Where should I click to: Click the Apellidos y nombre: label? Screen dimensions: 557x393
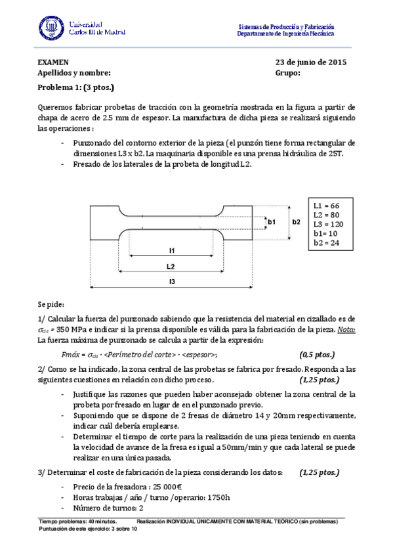[74, 74]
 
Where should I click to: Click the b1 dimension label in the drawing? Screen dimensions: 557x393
[271, 223]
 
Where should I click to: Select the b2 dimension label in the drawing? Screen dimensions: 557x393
[296, 223]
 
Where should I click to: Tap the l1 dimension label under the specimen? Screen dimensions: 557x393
[171, 250]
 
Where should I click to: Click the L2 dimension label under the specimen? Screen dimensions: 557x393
[171, 267]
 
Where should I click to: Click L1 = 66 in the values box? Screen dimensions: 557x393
[326, 206]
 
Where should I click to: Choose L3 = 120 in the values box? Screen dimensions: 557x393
[328, 224]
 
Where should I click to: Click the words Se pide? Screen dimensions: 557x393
[51, 305]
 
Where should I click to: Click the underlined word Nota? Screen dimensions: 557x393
[346, 330]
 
